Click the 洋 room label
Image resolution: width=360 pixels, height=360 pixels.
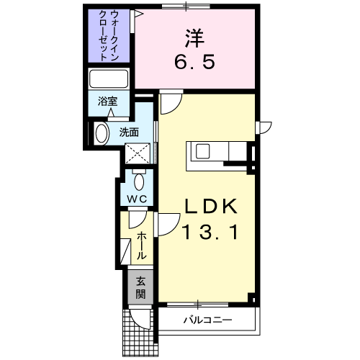tap(194, 38)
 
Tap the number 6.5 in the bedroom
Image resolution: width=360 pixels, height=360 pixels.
tap(194, 62)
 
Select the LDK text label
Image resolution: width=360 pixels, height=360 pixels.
tap(211, 206)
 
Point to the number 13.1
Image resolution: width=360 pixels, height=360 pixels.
tap(211, 232)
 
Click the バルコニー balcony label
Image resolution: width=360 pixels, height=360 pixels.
tap(208, 320)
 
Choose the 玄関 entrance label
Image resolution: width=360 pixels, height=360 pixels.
tap(140, 287)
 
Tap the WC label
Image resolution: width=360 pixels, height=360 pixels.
tap(137, 199)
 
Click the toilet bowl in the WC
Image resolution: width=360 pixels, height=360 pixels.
tap(139, 182)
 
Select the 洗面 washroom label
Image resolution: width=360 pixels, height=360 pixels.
tap(129, 132)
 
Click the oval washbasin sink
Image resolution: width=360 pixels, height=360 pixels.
tap(103, 133)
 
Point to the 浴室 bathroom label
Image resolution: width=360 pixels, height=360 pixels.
tap(107, 102)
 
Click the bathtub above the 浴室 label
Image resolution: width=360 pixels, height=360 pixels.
tap(109, 78)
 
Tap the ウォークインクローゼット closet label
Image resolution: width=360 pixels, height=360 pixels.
tap(109, 35)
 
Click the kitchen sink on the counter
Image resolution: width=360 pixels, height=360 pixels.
tap(203, 152)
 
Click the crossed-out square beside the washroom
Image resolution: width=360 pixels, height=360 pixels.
tap(138, 153)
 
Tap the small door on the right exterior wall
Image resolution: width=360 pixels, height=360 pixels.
tap(264, 127)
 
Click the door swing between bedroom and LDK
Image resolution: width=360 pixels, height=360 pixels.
tap(171, 104)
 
